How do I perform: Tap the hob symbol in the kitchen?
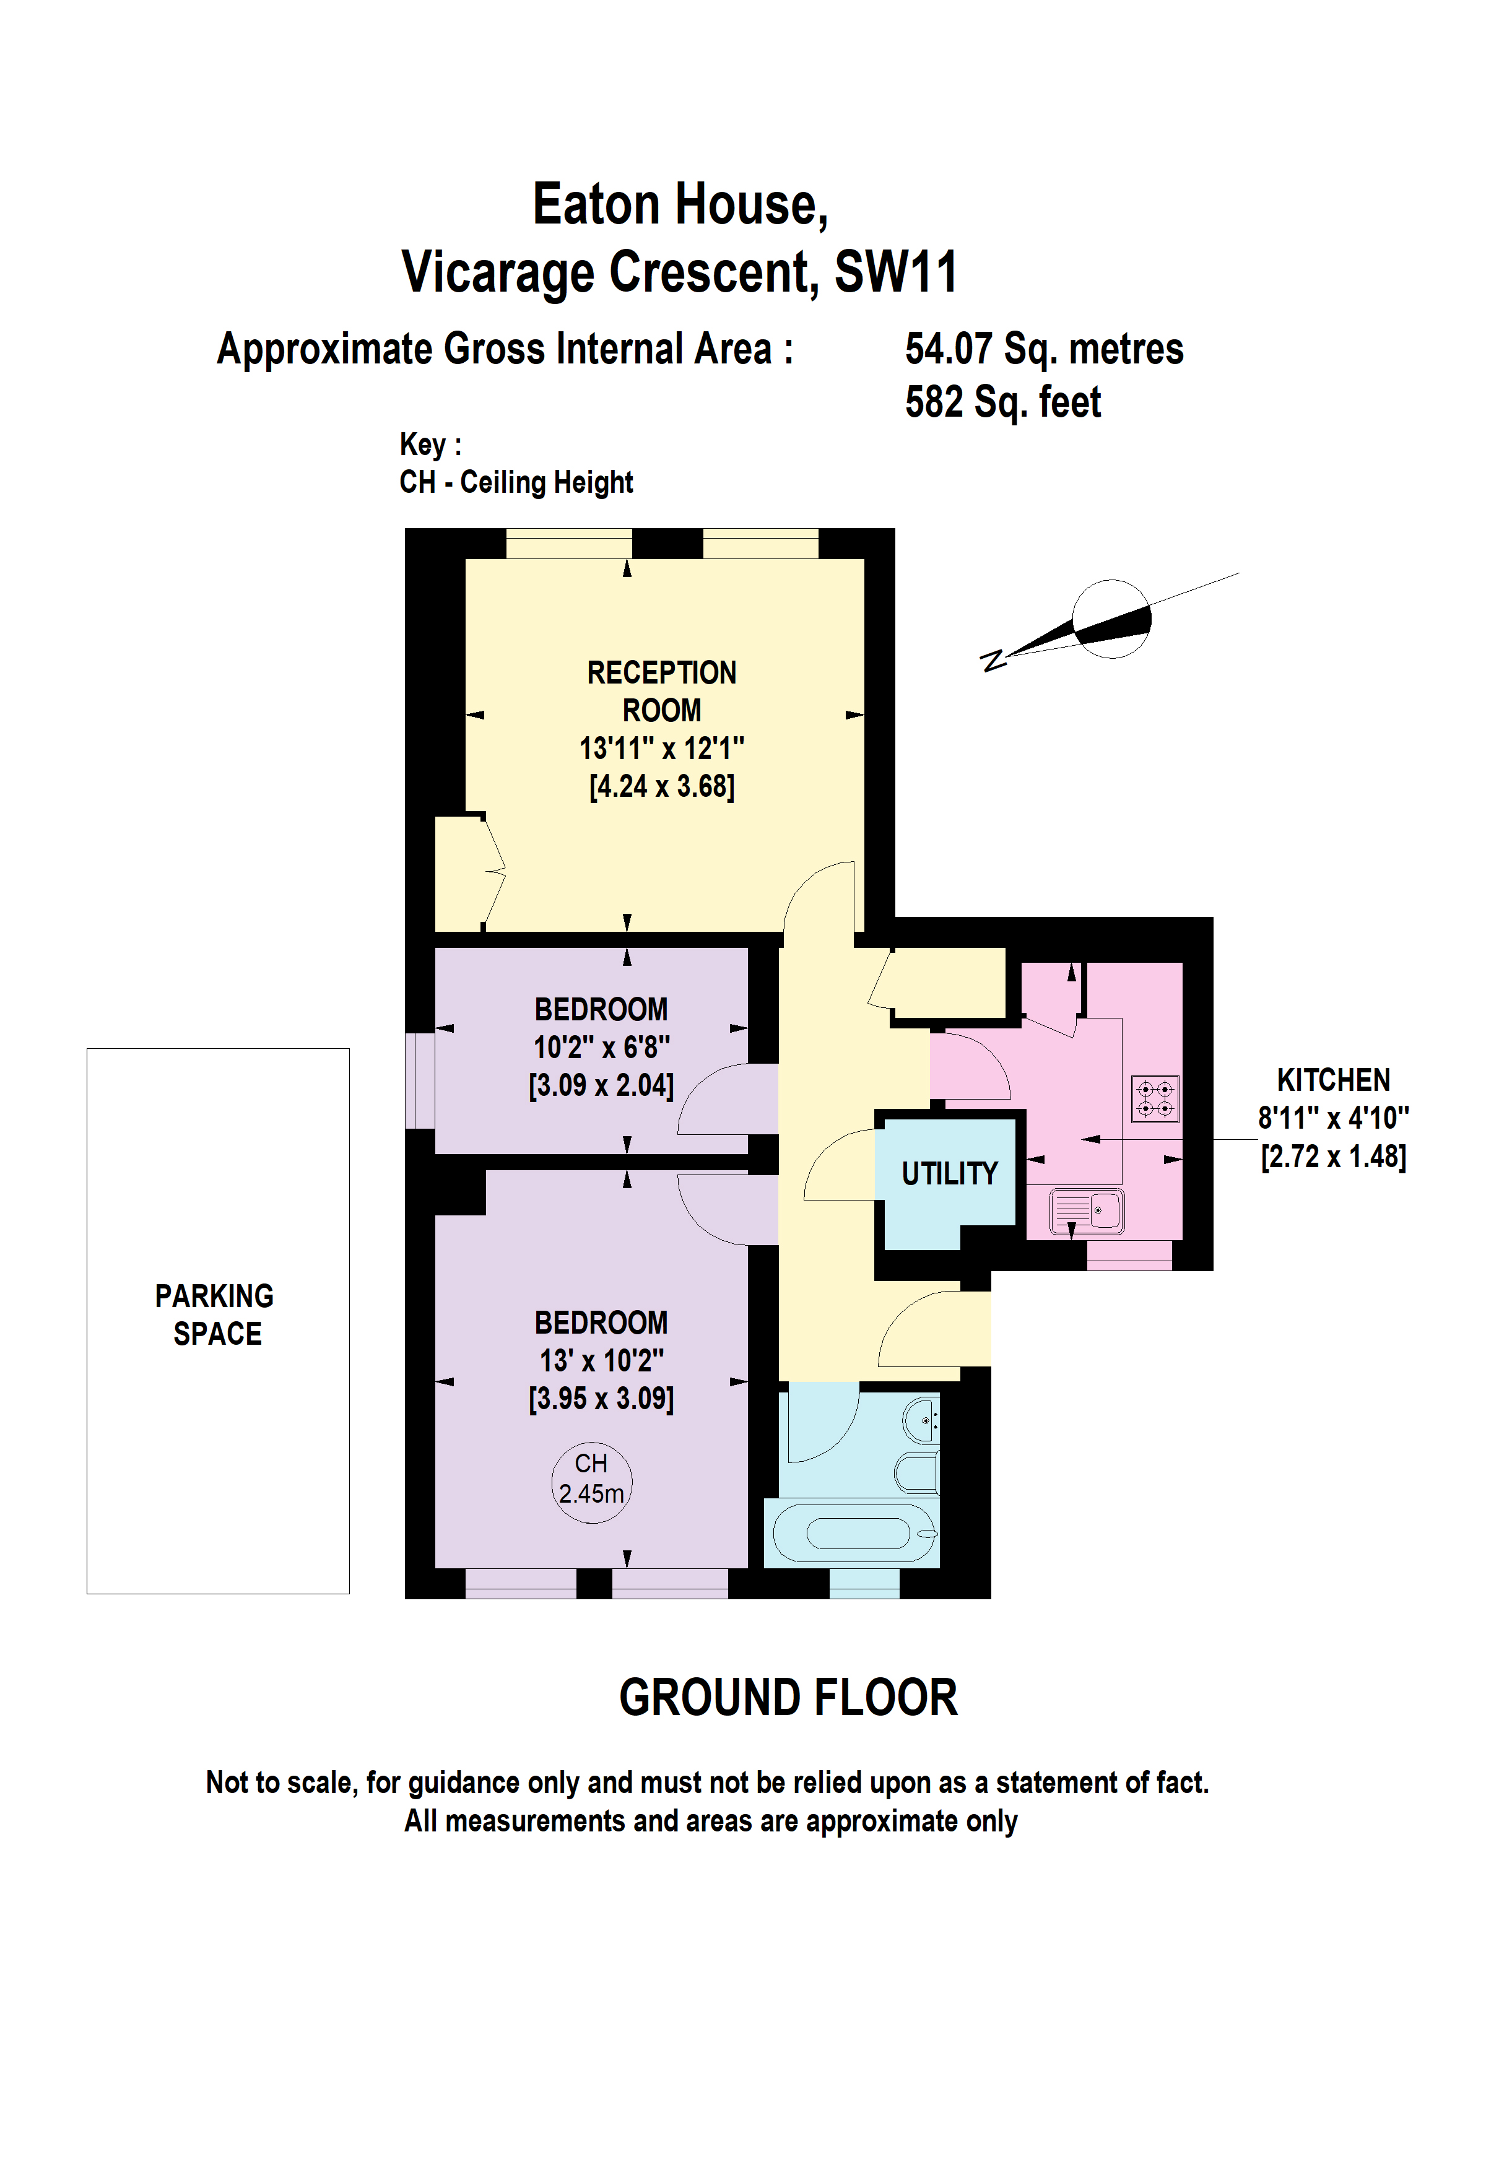(x=1155, y=1098)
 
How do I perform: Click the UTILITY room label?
(x=949, y=1173)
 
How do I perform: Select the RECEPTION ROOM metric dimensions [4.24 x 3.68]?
(x=661, y=787)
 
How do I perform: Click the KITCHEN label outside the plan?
(x=1333, y=1080)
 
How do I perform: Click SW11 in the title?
(x=895, y=272)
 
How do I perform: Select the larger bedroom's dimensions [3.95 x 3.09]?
(x=601, y=1399)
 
